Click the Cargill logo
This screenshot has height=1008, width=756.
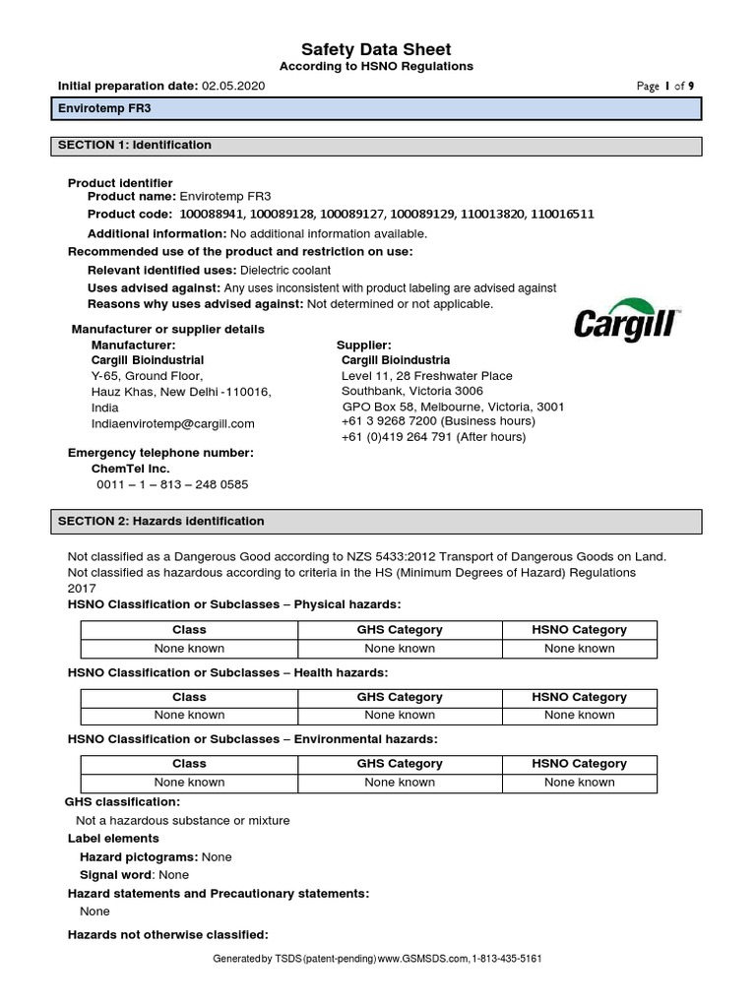click(x=626, y=320)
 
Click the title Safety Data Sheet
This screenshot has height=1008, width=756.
click(x=377, y=49)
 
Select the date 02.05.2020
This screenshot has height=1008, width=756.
click(x=233, y=86)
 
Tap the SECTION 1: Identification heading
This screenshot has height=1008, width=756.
click(x=135, y=145)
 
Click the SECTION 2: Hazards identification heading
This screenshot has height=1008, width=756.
click(x=161, y=521)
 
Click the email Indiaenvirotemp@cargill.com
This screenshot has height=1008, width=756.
click(x=173, y=423)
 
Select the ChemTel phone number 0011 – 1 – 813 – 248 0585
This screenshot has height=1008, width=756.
click(x=172, y=484)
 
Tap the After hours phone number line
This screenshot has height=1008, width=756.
click(x=433, y=437)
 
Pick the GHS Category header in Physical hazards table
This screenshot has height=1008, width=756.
click(x=399, y=630)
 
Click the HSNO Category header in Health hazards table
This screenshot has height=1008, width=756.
click(x=579, y=697)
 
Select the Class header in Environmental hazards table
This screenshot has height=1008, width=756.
click(x=189, y=764)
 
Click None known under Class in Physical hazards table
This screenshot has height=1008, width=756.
click(x=189, y=649)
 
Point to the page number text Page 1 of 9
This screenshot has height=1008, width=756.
click(x=665, y=87)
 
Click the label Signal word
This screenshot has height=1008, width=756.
click(x=115, y=875)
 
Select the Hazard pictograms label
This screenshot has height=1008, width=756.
click(x=138, y=857)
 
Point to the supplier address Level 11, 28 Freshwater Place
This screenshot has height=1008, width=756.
click(x=426, y=376)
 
